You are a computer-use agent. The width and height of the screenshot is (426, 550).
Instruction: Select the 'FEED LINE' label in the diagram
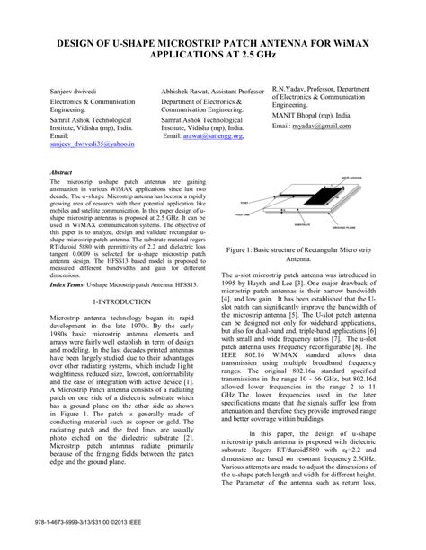242,214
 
